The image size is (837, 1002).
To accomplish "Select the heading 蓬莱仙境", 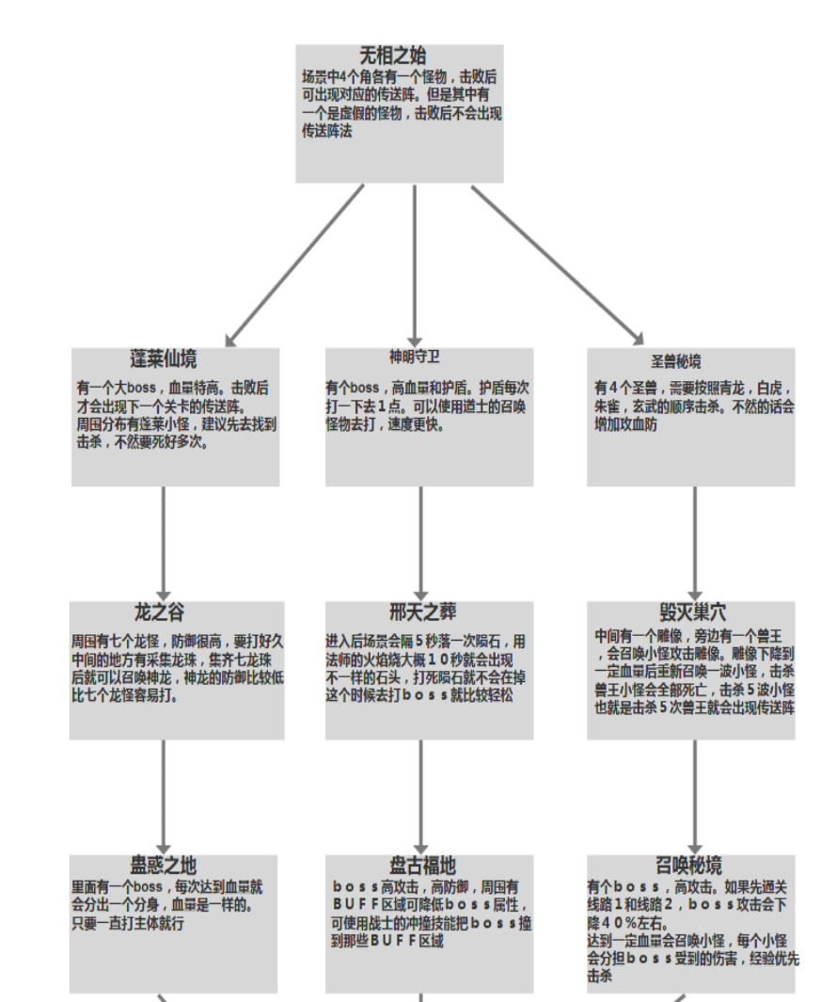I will click(164, 359).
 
